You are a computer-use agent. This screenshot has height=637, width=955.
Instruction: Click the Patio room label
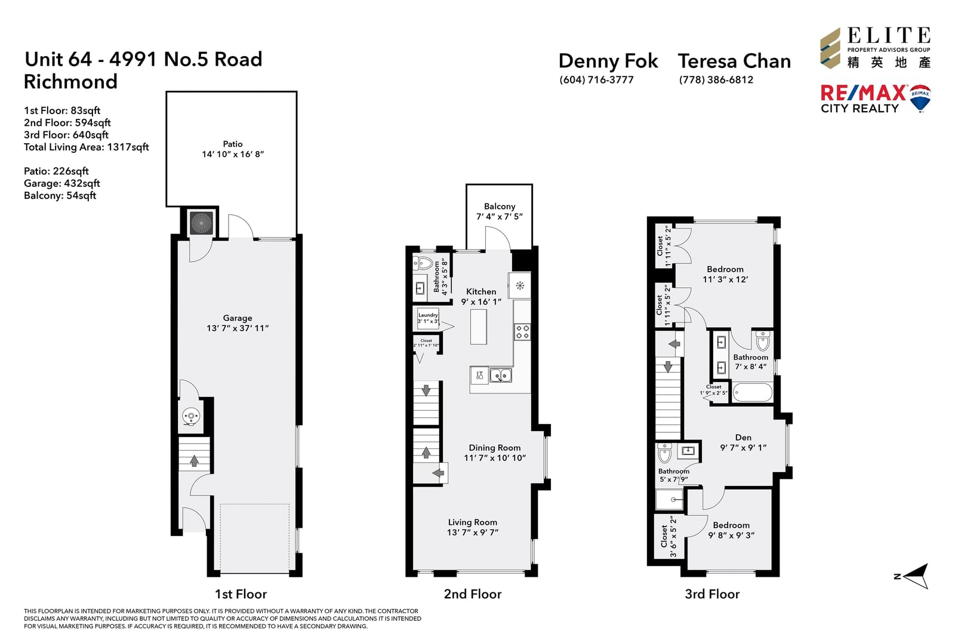232,144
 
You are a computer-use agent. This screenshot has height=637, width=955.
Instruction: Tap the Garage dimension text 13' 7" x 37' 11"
238,328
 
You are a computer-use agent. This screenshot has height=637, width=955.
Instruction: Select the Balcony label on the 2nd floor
499,207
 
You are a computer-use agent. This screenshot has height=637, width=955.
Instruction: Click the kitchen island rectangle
478,327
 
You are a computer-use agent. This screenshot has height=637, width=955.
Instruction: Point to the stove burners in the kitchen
522,332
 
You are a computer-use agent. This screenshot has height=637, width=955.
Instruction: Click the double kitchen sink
501,376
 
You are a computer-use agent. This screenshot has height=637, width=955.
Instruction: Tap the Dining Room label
495,448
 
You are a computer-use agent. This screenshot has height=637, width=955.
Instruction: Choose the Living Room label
472,522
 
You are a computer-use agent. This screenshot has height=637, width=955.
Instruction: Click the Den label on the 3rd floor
743,438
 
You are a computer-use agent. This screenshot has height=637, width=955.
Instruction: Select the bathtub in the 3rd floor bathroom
753,392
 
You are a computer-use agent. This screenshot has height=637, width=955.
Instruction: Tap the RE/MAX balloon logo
920,98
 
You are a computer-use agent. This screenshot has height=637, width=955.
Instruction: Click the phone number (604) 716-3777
596,80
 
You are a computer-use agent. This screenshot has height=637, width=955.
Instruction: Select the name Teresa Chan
734,61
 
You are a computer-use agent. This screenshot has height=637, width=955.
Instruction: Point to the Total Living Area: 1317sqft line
86,147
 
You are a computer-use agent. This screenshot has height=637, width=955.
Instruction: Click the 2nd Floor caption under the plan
472,594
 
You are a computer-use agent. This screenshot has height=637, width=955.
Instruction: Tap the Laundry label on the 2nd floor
427,315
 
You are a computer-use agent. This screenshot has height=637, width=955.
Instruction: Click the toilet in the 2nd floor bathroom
423,263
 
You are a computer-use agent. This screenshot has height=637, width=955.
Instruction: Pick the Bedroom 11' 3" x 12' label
725,274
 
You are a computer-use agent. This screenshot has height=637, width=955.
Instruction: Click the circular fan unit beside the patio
201,223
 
